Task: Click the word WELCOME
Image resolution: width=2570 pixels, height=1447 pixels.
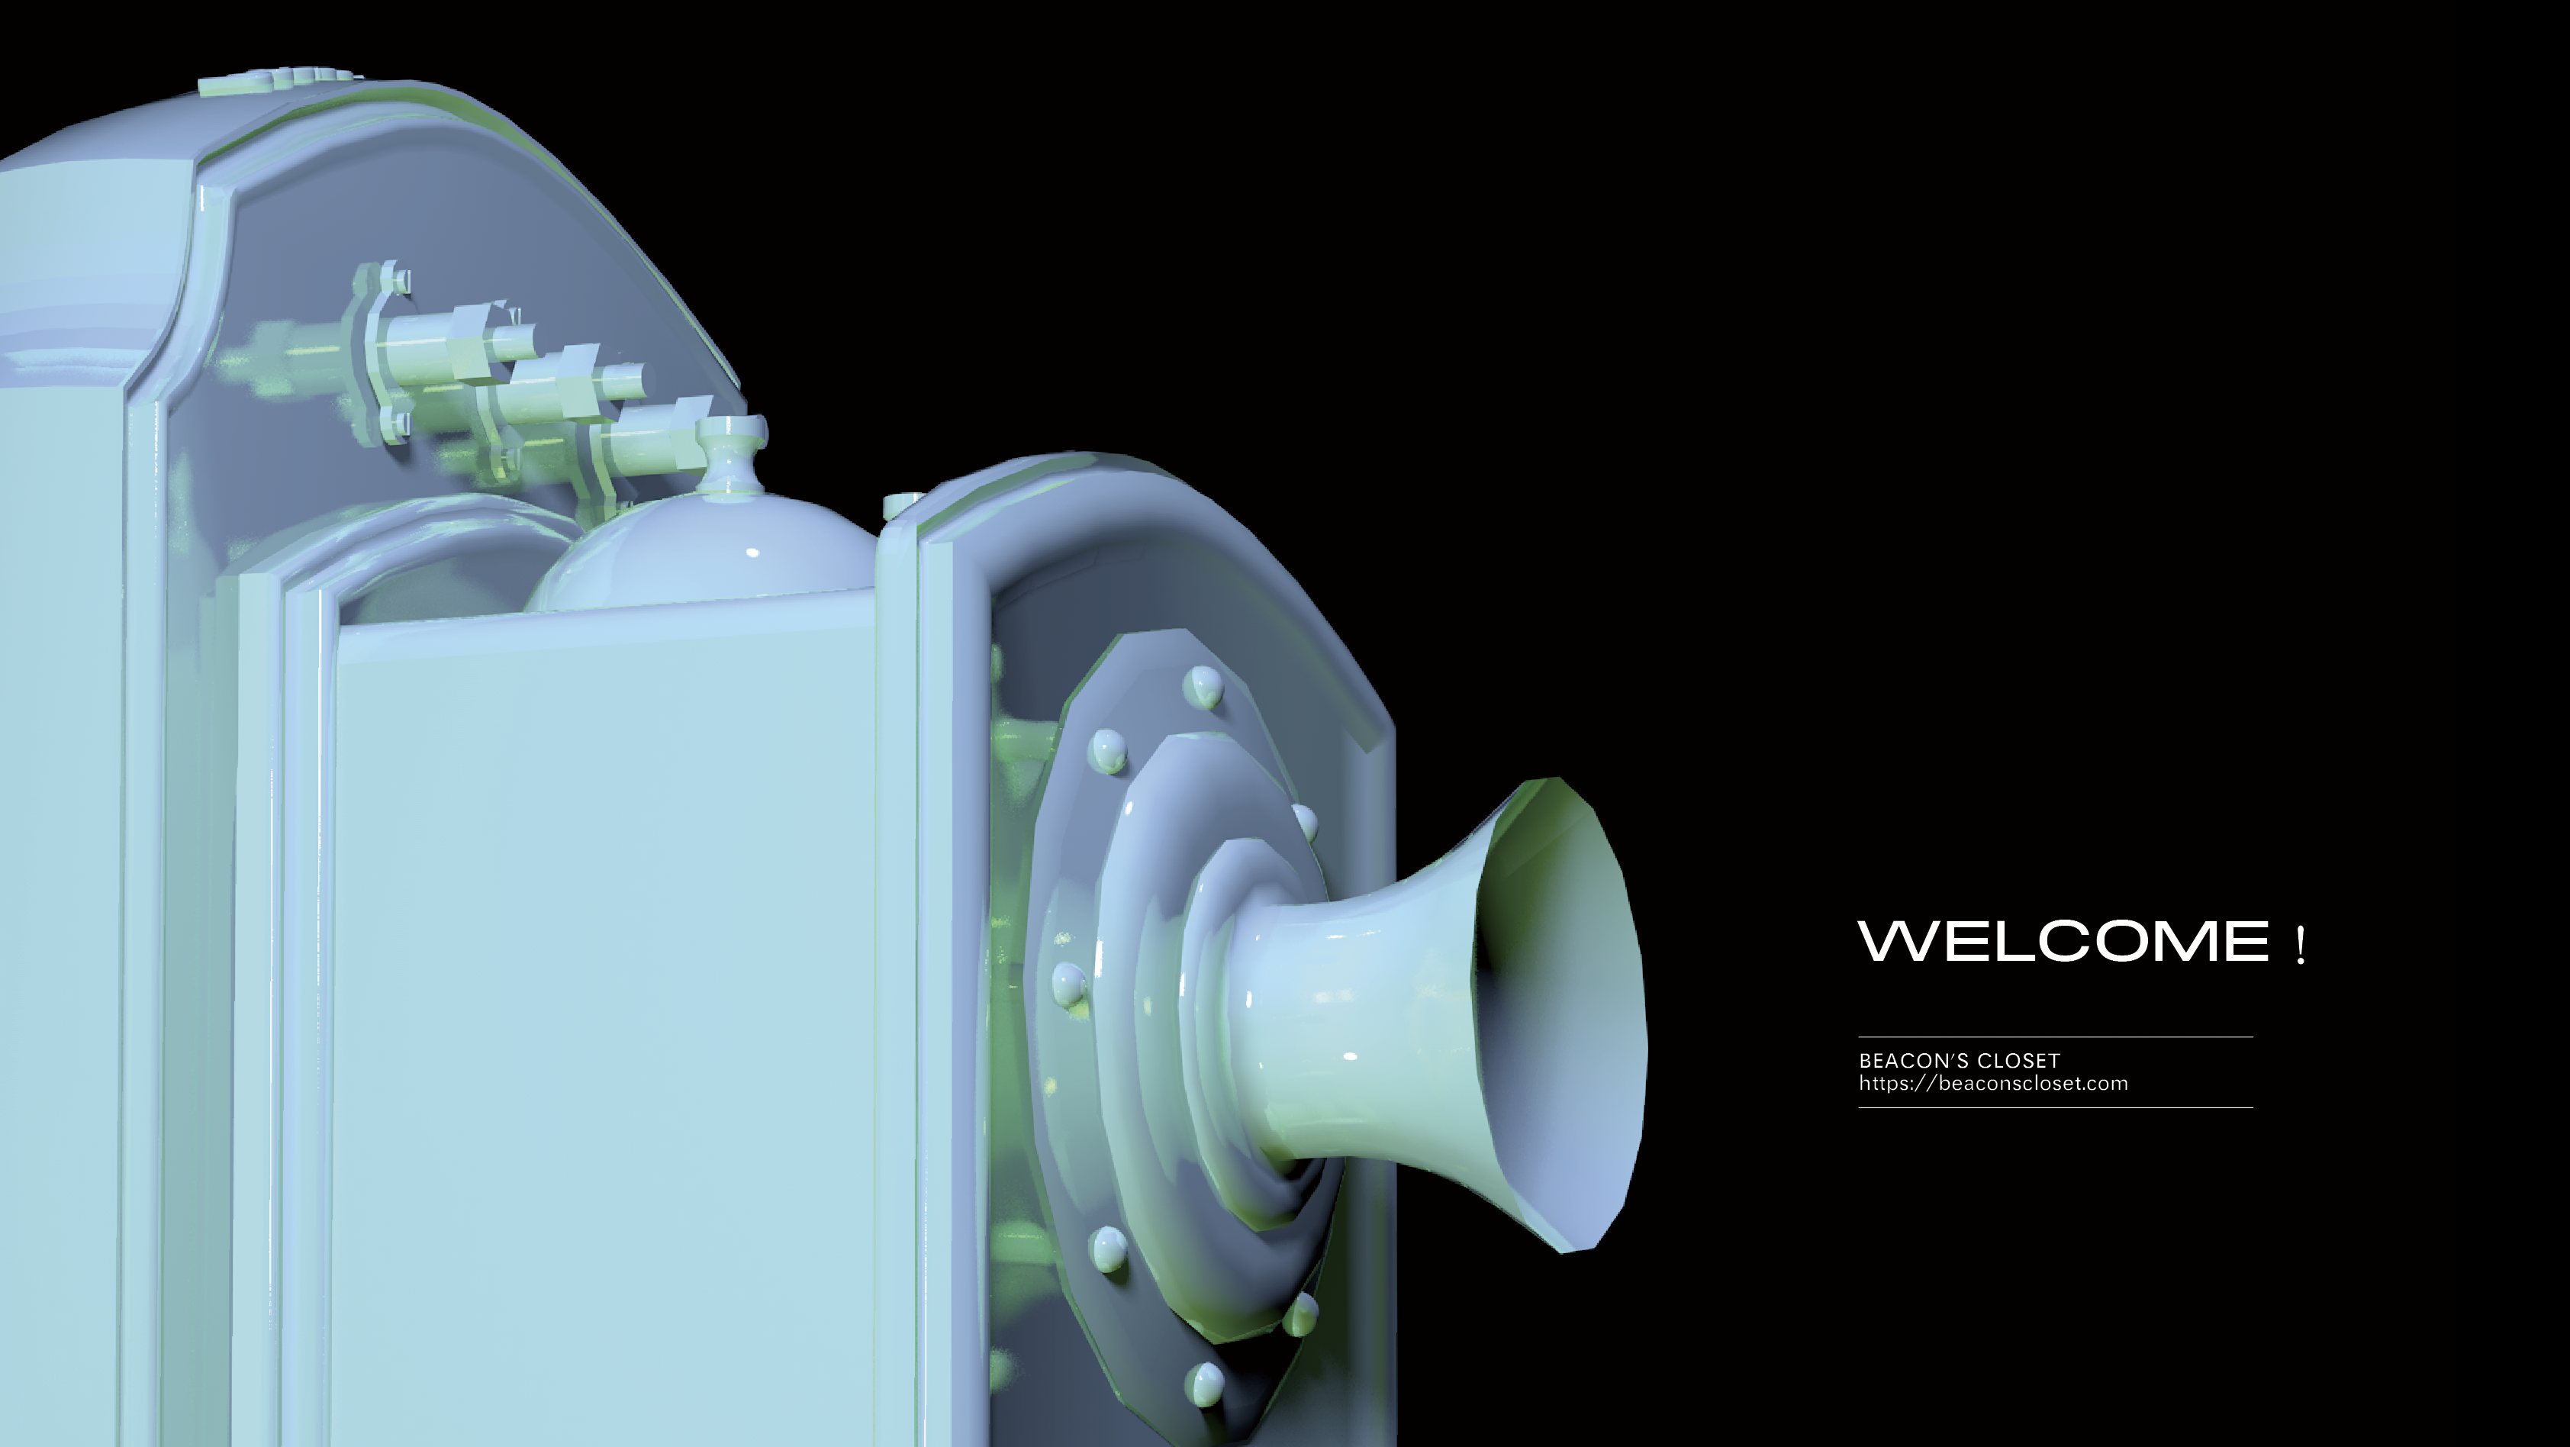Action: [2063, 941]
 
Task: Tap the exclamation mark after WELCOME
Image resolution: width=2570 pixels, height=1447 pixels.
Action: [2301, 945]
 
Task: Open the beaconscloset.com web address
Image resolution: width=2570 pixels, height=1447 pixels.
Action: [1993, 1084]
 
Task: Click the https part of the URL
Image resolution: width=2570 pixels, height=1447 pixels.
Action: [1883, 1084]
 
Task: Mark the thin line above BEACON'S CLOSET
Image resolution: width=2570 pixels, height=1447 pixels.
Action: [2055, 1037]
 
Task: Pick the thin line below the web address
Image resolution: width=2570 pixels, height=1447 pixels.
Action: [2055, 1107]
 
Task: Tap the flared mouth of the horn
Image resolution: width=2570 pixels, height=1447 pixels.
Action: [1561, 1014]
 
